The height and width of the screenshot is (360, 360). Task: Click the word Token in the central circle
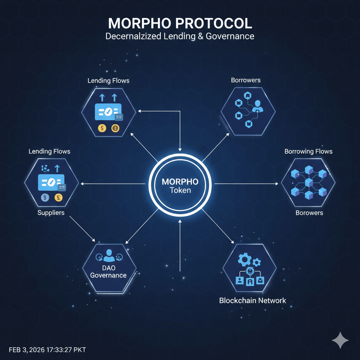point(180,190)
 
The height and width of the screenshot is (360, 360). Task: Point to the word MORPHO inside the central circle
point(180,182)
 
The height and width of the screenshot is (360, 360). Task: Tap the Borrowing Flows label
point(308,152)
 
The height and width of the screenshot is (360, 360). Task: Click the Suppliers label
point(51,213)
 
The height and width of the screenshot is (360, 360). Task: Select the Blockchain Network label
point(252,301)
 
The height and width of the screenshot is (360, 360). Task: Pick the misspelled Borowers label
point(309,213)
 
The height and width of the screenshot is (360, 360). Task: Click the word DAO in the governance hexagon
point(108,268)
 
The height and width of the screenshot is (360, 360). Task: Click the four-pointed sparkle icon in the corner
point(340,340)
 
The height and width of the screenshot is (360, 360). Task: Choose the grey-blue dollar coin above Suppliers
point(45,198)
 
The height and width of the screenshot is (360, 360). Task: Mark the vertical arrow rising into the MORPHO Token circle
point(180,246)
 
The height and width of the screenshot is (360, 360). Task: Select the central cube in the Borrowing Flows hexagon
point(309,182)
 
